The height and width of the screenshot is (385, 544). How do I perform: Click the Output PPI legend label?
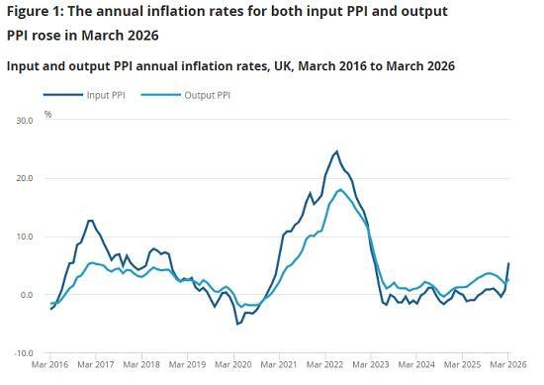204,95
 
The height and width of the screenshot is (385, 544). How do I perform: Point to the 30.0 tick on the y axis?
24,120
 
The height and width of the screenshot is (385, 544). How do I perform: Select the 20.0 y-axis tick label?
24,178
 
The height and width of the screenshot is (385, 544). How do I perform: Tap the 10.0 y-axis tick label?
24,237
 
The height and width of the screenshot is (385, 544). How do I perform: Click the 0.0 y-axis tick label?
27,295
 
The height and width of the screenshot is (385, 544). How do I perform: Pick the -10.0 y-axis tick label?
23,353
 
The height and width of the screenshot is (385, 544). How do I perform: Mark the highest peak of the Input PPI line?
336,151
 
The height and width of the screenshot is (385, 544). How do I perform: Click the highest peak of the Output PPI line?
340,189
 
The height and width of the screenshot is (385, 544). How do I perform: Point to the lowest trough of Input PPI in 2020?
237,324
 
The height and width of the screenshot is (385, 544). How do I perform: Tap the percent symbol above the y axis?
47,115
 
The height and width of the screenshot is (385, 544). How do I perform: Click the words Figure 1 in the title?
36,12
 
